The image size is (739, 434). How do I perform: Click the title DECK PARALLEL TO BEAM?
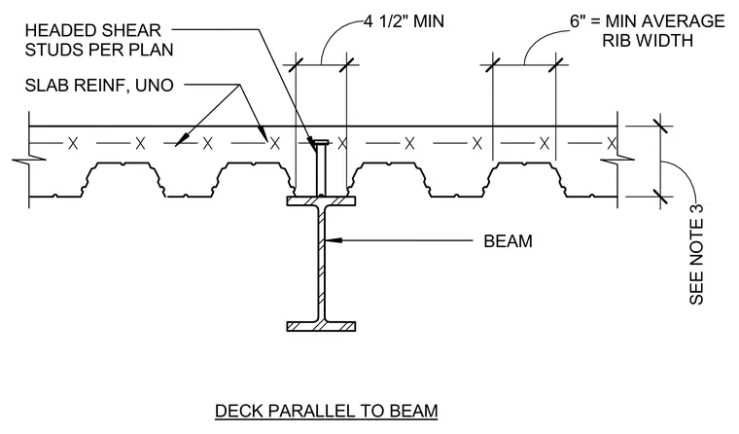pyautogui.click(x=326, y=411)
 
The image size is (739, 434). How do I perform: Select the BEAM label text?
pyautogui.click(x=508, y=241)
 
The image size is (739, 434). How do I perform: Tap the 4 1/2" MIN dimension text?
pyautogui.click(x=404, y=21)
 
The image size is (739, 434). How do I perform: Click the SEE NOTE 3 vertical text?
pyautogui.click(x=696, y=254)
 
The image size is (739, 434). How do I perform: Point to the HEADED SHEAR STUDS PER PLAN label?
pyautogui.click(x=99, y=40)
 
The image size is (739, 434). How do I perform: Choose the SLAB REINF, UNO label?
pyautogui.click(x=99, y=86)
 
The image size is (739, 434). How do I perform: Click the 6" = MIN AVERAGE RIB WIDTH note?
pyautogui.click(x=647, y=31)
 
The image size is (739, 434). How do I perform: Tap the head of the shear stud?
pyautogui.click(x=321, y=142)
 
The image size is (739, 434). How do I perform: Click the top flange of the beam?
pyautogui.click(x=321, y=201)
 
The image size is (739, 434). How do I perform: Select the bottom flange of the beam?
pyautogui.click(x=321, y=326)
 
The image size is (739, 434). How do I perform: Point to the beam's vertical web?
pyautogui.click(x=322, y=264)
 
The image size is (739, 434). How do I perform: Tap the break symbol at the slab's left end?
pyautogui.click(x=29, y=161)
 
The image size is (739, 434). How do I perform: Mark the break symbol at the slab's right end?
pyautogui.click(x=617, y=161)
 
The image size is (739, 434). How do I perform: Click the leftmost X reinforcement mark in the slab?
pyautogui.click(x=73, y=143)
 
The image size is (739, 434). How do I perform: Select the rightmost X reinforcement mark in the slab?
pyautogui.click(x=612, y=143)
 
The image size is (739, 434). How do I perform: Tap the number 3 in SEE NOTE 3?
pyautogui.click(x=696, y=209)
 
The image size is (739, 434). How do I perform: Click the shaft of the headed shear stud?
pyautogui.click(x=321, y=170)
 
